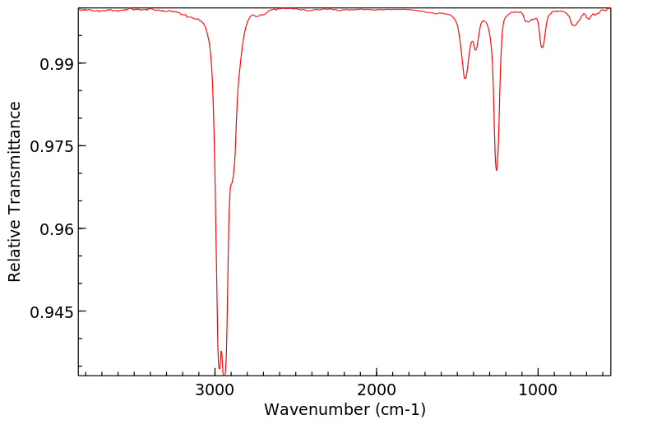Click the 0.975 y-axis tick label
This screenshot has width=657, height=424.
coord(53,146)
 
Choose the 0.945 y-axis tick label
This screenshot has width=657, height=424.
coord(53,311)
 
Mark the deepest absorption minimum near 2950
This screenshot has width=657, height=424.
coord(224,374)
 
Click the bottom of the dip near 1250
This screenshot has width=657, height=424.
coord(497,170)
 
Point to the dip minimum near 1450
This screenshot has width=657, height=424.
coord(465,78)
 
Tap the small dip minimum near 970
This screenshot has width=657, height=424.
coord(542,47)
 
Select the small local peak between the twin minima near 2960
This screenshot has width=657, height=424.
coord(221,352)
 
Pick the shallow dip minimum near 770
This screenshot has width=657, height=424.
coord(574,25)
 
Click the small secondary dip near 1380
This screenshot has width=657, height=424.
coord(475,50)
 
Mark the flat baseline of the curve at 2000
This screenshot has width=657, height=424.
coord(377,9)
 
